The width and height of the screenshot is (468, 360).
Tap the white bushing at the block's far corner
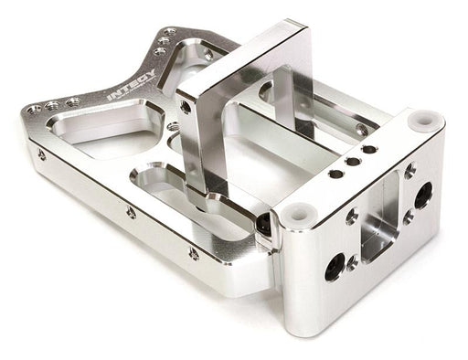(x=424, y=120)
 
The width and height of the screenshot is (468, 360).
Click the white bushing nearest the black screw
(x=296, y=213)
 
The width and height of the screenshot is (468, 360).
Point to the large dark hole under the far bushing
(x=423, y=194)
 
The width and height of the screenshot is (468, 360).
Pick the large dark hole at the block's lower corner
(x=335, y=267)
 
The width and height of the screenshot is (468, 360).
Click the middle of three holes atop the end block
(x=352, y=161)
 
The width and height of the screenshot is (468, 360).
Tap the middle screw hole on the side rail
(x=131, y=213)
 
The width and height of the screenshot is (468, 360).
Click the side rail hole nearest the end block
(x=193, y=253)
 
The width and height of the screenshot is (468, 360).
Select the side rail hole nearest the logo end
(x=42, y=155)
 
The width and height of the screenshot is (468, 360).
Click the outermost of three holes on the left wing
(x=34, y=110)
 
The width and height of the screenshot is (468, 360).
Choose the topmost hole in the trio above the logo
(x=170, y=32)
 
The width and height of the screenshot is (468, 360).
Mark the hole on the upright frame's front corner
(x=186, y=107)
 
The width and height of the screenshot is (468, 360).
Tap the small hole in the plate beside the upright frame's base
(x=173, y=127)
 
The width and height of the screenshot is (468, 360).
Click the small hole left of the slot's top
(x=352, y=217)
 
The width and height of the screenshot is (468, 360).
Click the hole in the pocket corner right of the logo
(x=207, y=54)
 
